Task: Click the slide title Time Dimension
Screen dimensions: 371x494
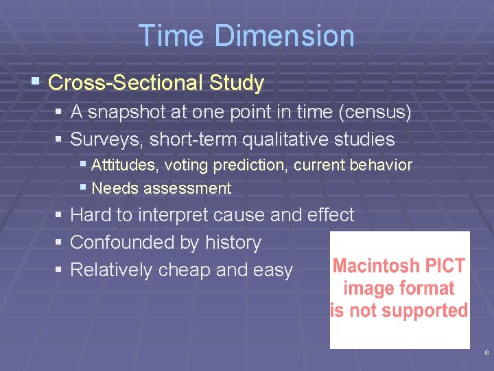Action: (x=246, y=36)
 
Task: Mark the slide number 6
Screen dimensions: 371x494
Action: (x=486, y=352)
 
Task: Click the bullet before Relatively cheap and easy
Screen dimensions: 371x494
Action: (x=60, y=270)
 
